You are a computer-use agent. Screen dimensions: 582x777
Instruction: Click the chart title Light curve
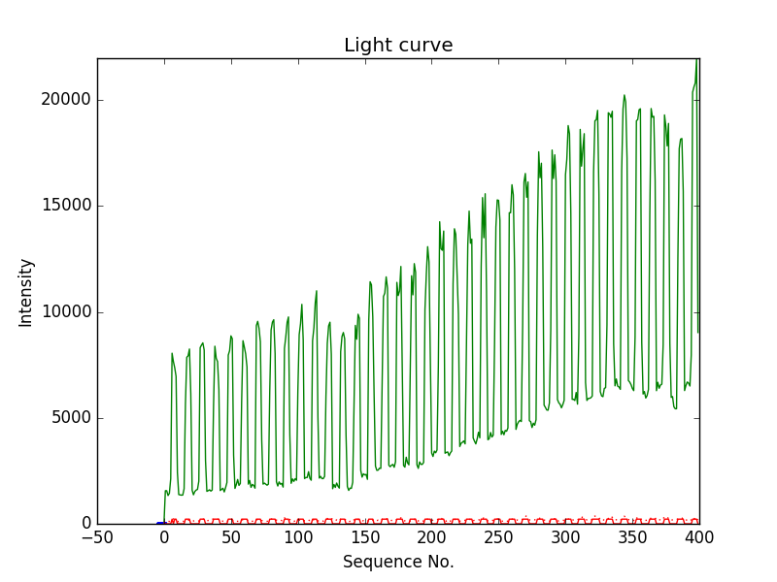coord(398,46)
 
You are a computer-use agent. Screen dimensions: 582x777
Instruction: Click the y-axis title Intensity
coord(25,292)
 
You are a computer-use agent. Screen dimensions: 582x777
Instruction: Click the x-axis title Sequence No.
coord(398,562)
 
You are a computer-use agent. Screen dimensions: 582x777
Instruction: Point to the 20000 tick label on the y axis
coord(64,100)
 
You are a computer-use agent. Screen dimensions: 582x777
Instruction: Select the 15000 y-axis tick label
coord(64,206)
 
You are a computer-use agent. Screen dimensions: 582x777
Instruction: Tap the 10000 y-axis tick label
coord(64,312)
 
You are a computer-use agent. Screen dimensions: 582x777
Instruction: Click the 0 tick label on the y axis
coord(85,524)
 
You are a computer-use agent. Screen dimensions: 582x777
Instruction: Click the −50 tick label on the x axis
coord(97,537)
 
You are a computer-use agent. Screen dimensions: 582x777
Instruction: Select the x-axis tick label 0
coord(164,537)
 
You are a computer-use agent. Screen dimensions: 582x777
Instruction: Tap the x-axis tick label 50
coord(231,537)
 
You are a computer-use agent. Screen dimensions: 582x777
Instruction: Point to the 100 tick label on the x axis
coord(298,537)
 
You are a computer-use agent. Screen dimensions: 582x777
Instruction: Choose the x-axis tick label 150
coord(365,537)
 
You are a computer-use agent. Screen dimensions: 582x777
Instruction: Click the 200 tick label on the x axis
coord(431,537)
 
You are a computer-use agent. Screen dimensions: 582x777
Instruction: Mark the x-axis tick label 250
coord(498,537)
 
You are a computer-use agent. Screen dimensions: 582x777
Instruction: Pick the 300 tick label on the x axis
coord(565,537)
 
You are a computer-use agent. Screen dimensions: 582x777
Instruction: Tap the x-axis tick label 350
coord(632,537)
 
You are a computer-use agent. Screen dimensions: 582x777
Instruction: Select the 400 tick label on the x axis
coord(699,537)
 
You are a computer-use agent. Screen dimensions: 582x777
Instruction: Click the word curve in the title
coord(426,46)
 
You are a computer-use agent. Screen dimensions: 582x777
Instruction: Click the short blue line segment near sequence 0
coord(161,523)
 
